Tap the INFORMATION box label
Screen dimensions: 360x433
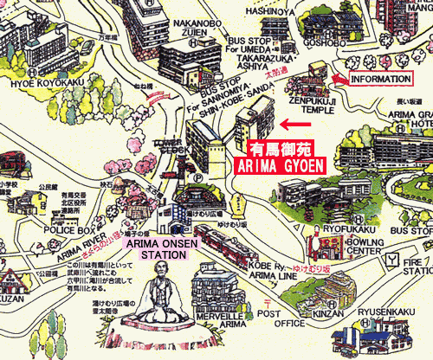(380, 79)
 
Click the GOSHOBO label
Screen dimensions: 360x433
(325, 40)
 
